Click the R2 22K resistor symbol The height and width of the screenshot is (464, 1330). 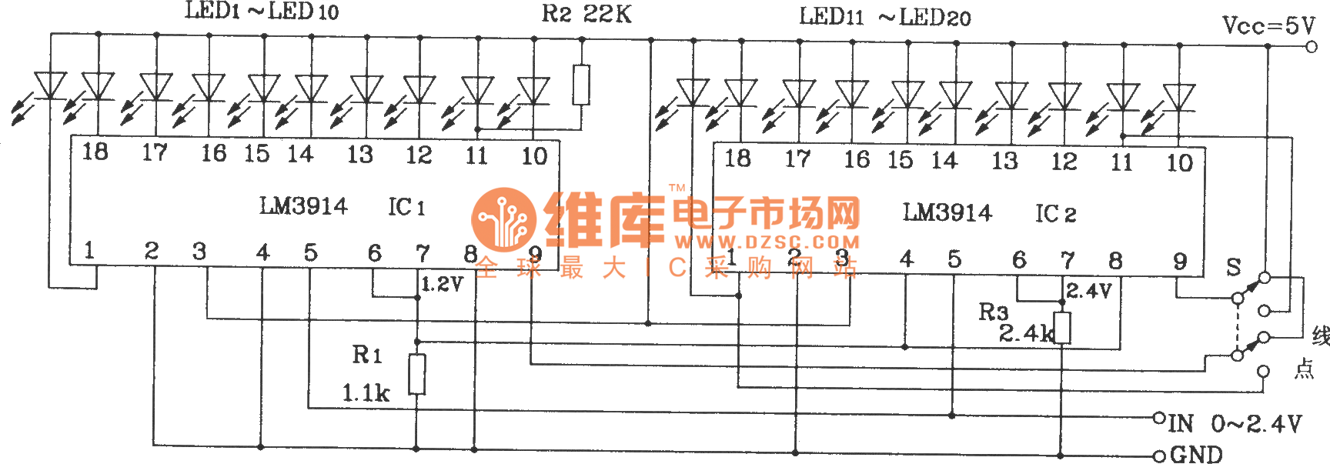point(581,85)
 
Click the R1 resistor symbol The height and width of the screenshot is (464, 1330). point(417,374)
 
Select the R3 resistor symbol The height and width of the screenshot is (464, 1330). point(1062,328)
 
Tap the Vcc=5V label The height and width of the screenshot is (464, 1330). point(1268,26)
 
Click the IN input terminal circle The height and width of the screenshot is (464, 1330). point(1159,419)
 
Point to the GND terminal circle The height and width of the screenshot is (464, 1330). point(1159,456)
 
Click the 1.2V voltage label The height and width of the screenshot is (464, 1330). point(442,284)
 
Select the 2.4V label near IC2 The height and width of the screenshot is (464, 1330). point(1088,291)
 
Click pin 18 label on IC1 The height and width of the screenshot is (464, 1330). point(95,152)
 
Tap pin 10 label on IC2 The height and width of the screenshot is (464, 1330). point(1179,162)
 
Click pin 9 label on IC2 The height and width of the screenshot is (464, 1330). point(1180,262)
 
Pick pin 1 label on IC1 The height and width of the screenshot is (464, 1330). point(89,250)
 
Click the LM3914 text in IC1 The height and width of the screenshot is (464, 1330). point(303,206)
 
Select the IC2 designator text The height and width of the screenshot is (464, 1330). point(1055,214)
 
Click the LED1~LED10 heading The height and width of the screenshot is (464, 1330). point(262,12)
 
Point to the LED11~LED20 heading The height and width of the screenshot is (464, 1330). point(884,17)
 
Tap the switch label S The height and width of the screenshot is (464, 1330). point(1234,267)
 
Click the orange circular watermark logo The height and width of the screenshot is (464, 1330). point(503,219)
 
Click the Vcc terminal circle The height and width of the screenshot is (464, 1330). point(1312,47)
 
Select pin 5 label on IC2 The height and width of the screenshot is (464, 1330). point(954,259)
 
